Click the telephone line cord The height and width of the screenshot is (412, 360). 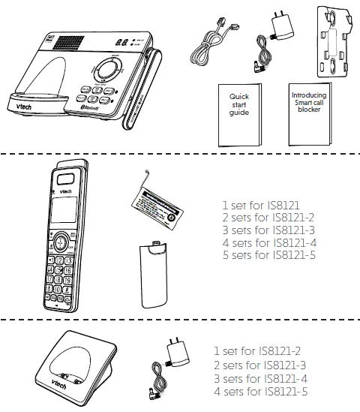coord(213,44)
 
